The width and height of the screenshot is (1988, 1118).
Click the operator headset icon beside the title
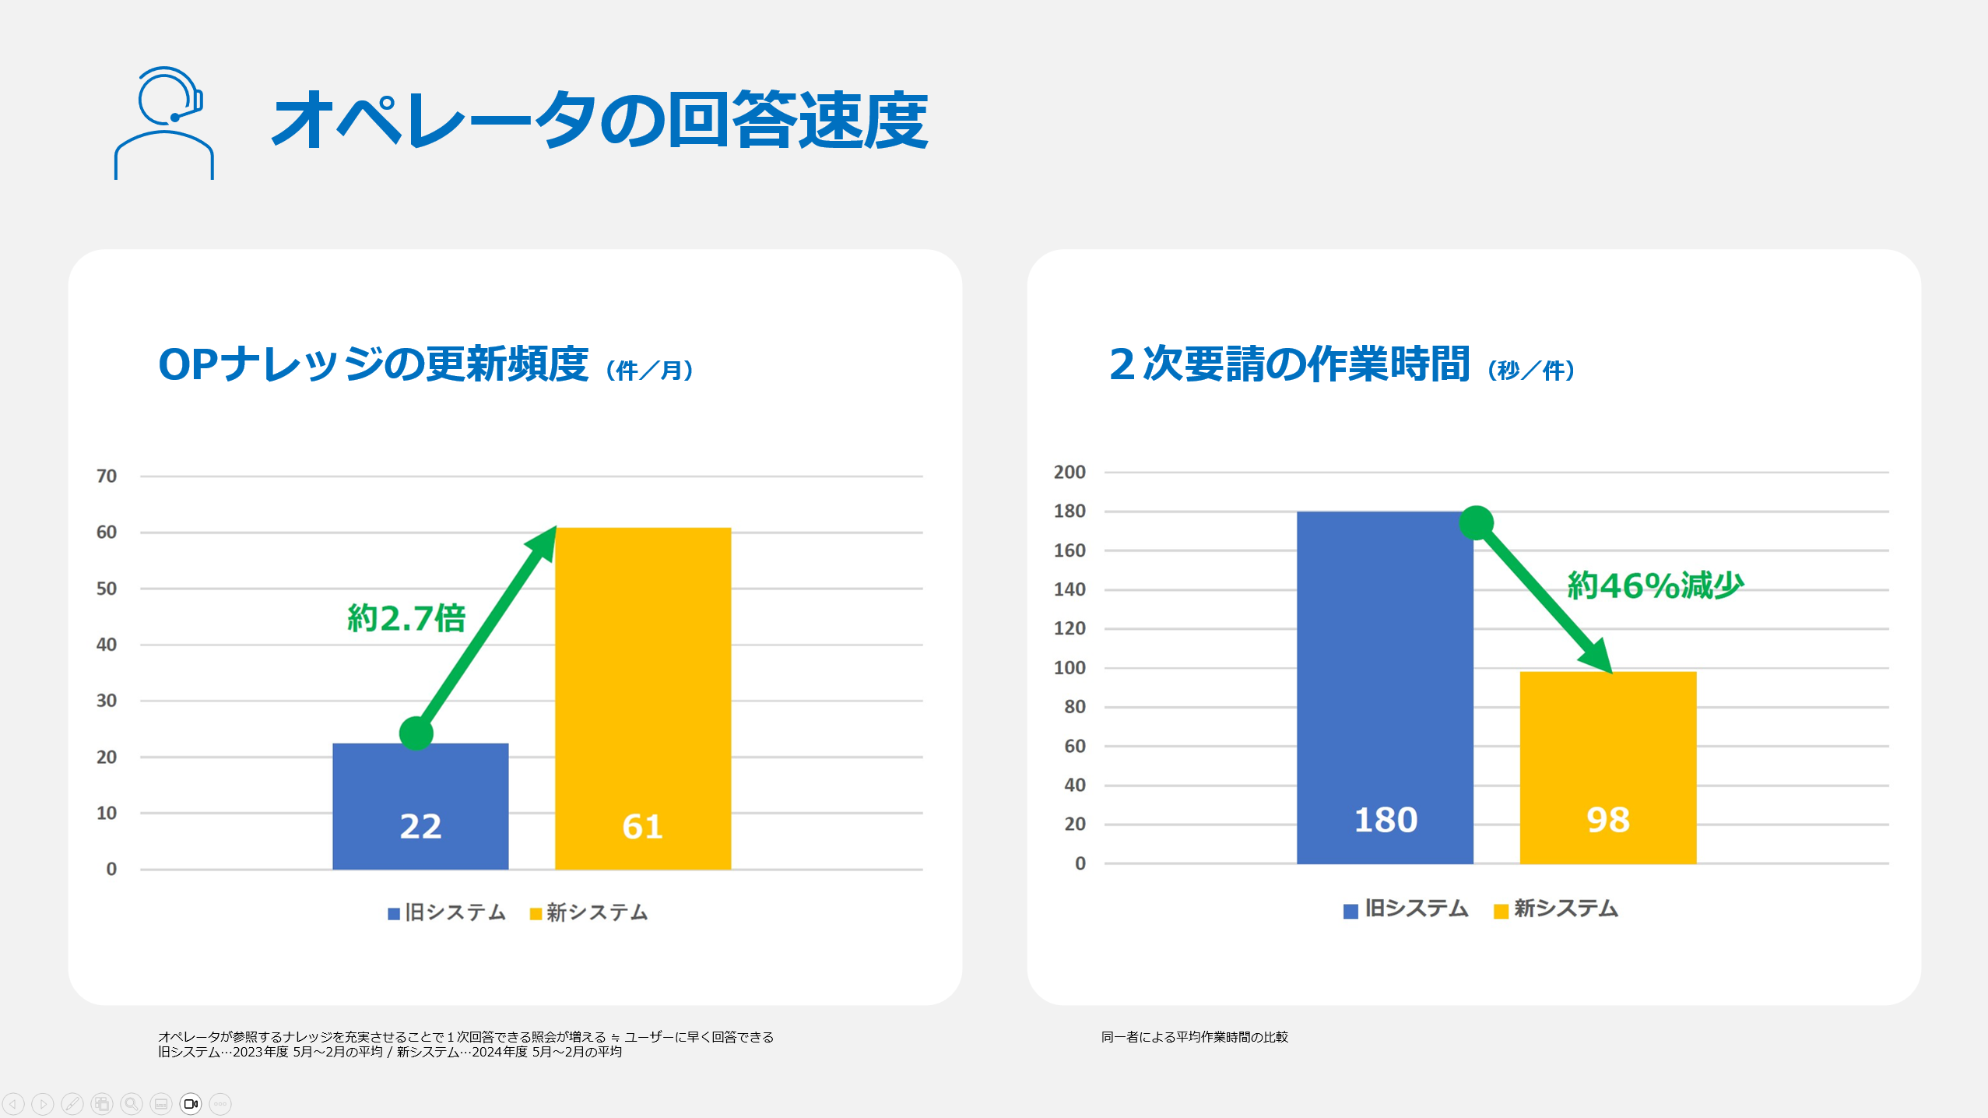[164, 123]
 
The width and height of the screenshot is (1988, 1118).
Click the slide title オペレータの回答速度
[599, 120]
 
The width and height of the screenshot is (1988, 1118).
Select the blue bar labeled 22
[420, 806]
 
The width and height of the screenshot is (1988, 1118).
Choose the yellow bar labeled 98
[1608, 767]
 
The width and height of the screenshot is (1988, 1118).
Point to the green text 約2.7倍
[406, 618]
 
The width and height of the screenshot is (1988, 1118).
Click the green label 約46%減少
[1655, 585]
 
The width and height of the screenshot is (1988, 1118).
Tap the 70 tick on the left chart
[107, 476]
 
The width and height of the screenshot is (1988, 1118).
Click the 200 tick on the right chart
[1070, 472]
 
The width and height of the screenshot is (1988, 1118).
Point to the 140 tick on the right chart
[1070, 589]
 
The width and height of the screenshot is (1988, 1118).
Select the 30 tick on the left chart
[107, 701]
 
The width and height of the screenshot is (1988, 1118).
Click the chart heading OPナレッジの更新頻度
[374, 364]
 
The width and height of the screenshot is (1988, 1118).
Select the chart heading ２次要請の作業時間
[1289, 364]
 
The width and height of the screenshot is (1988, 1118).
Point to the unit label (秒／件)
[1531, 370]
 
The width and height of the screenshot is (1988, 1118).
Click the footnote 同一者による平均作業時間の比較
[1195, 1037]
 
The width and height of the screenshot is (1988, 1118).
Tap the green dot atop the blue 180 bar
[1476, 522]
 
